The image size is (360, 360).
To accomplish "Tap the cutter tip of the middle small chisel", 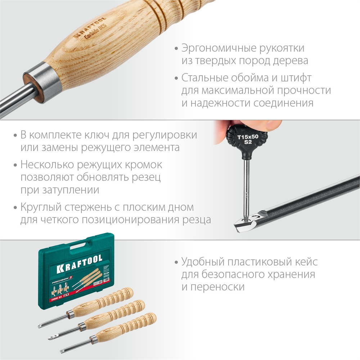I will pyautogui.click(x=53, y=337).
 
